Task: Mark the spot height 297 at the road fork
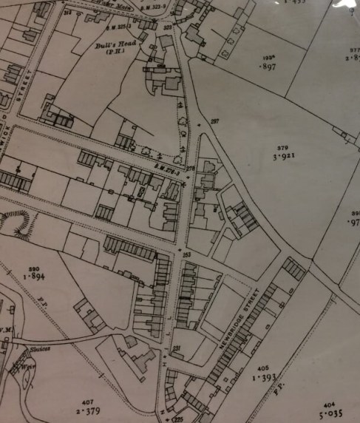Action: (x=215, y=121)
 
